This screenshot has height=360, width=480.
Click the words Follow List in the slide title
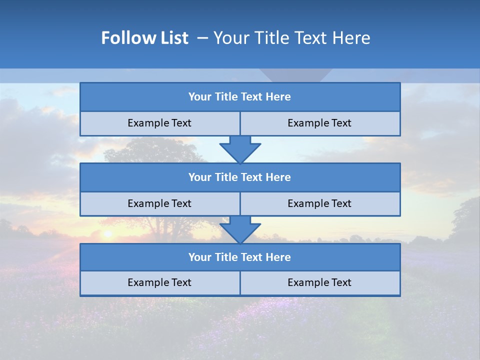coord(144,38)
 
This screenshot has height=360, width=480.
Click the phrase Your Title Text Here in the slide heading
coord(291,38)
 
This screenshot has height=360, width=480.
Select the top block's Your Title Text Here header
coord(239,97)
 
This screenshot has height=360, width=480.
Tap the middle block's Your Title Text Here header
coord(239,177)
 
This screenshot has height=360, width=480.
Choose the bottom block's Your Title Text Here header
coord(239,257)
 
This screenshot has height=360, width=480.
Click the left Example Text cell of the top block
coord(159,123)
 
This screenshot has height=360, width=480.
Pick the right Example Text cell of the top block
coord(319,123)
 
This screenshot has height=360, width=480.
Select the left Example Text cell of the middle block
coord(159,203)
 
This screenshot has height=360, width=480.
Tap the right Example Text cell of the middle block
coord(319,203)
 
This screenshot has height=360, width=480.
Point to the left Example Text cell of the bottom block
coord(159,282)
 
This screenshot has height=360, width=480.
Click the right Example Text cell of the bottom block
coord(319,282)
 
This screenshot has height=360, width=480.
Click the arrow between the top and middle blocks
coord(240,149)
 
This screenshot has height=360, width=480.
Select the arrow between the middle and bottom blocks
coord(240,229)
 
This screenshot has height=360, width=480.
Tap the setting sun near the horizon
coord(106,233)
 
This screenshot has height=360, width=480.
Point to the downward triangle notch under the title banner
coord(295,74)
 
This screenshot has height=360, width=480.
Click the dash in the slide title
coord(202,38)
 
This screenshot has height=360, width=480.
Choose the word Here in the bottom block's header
coord(278,257)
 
